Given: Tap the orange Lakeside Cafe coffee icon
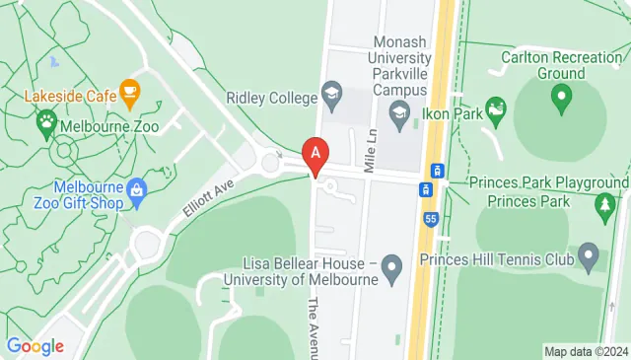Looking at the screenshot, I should click(129, 94).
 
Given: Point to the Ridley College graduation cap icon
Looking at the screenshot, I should click(332, 98).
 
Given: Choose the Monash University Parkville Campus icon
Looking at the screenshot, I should click(398, 115).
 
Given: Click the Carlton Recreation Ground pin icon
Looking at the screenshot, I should click(562, 97).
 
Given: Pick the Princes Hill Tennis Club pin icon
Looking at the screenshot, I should click(589, 259).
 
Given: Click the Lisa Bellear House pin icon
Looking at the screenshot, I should click(392, 266).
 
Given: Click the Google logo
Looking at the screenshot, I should click(35, 346).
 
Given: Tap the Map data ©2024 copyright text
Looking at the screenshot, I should click(586, 351).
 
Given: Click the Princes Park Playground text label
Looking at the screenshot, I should click(548, 183).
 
